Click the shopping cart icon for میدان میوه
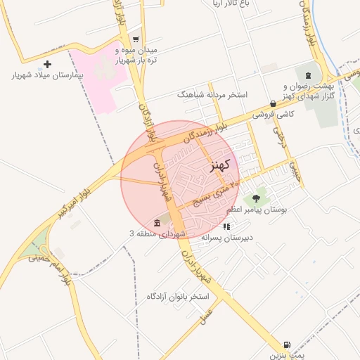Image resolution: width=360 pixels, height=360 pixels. [136, 39]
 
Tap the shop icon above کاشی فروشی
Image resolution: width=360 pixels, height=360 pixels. [272, 103]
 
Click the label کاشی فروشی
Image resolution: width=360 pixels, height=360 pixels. [272, 113]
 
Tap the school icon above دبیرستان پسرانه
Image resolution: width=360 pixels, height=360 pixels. [226, 226]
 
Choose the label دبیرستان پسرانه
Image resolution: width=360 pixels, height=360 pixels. [226, 237]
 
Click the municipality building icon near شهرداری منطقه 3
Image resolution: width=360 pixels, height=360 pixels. [156, 224]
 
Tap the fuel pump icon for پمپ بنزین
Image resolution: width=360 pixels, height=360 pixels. [286, 345]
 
